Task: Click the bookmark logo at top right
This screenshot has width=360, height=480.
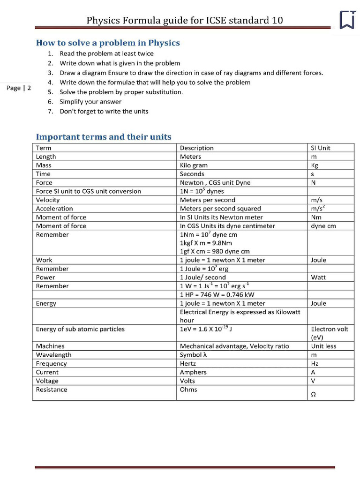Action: click(347, 20)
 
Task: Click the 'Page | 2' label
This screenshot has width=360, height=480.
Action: click(19, 88)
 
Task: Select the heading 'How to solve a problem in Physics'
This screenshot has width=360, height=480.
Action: click(108, 43)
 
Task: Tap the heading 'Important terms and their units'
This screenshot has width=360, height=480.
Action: click(104, 137)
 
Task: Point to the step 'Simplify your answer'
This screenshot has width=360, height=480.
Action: click(90, 102)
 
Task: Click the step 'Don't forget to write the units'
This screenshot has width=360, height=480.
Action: click(104, 112)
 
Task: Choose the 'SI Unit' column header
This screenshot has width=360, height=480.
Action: click(321, 148)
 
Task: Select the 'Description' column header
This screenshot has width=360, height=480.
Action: click(197, 148)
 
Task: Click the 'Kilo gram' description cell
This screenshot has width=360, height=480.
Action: click(194, 165)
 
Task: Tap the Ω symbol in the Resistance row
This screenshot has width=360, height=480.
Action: click(313, 395)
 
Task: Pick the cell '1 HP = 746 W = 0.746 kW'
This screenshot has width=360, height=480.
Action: click(217, 295)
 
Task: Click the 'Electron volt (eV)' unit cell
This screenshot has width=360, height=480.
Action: click(330, 333)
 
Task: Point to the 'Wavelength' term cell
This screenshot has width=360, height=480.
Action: click(54, 355)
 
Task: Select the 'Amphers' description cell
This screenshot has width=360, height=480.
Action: click(193, 372)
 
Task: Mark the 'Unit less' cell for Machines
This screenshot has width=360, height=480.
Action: click(324, 346)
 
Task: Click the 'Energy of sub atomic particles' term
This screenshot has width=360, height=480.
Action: click(80, 329)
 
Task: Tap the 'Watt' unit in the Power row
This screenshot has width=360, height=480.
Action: click(318, 277)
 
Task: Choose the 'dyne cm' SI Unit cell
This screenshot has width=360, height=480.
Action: click(323, 226)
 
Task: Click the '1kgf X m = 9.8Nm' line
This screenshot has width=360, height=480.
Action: click(206, 243)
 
